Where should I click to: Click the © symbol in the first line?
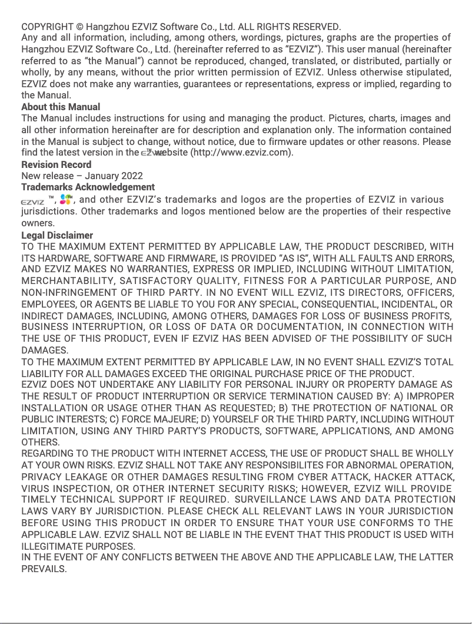(80, 27)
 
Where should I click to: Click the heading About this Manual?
(61, 107)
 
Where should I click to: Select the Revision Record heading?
(56, 164)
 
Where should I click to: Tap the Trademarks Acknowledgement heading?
(88, 187)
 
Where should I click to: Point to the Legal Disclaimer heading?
(57, 235)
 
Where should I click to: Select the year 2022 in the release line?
(131, 176)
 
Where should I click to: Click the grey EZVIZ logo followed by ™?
(32, 200)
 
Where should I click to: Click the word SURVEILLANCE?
(285, 500)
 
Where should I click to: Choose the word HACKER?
(402, 477)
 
